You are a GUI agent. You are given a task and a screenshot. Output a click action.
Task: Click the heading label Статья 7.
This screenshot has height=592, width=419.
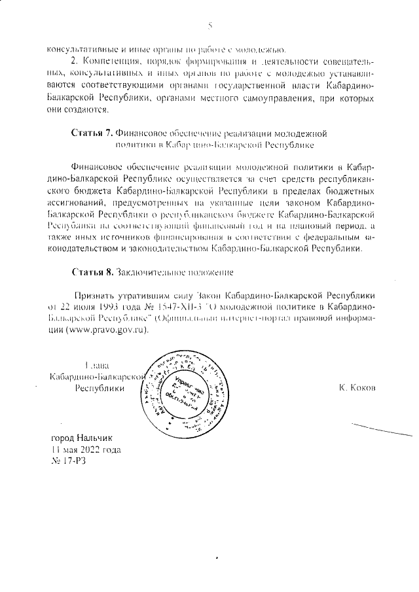tap(93, 133)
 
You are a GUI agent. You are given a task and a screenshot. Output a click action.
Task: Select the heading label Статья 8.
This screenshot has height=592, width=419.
tap(93, 271)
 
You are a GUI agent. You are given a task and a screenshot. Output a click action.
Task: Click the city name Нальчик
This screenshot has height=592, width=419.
tap(96, 438)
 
